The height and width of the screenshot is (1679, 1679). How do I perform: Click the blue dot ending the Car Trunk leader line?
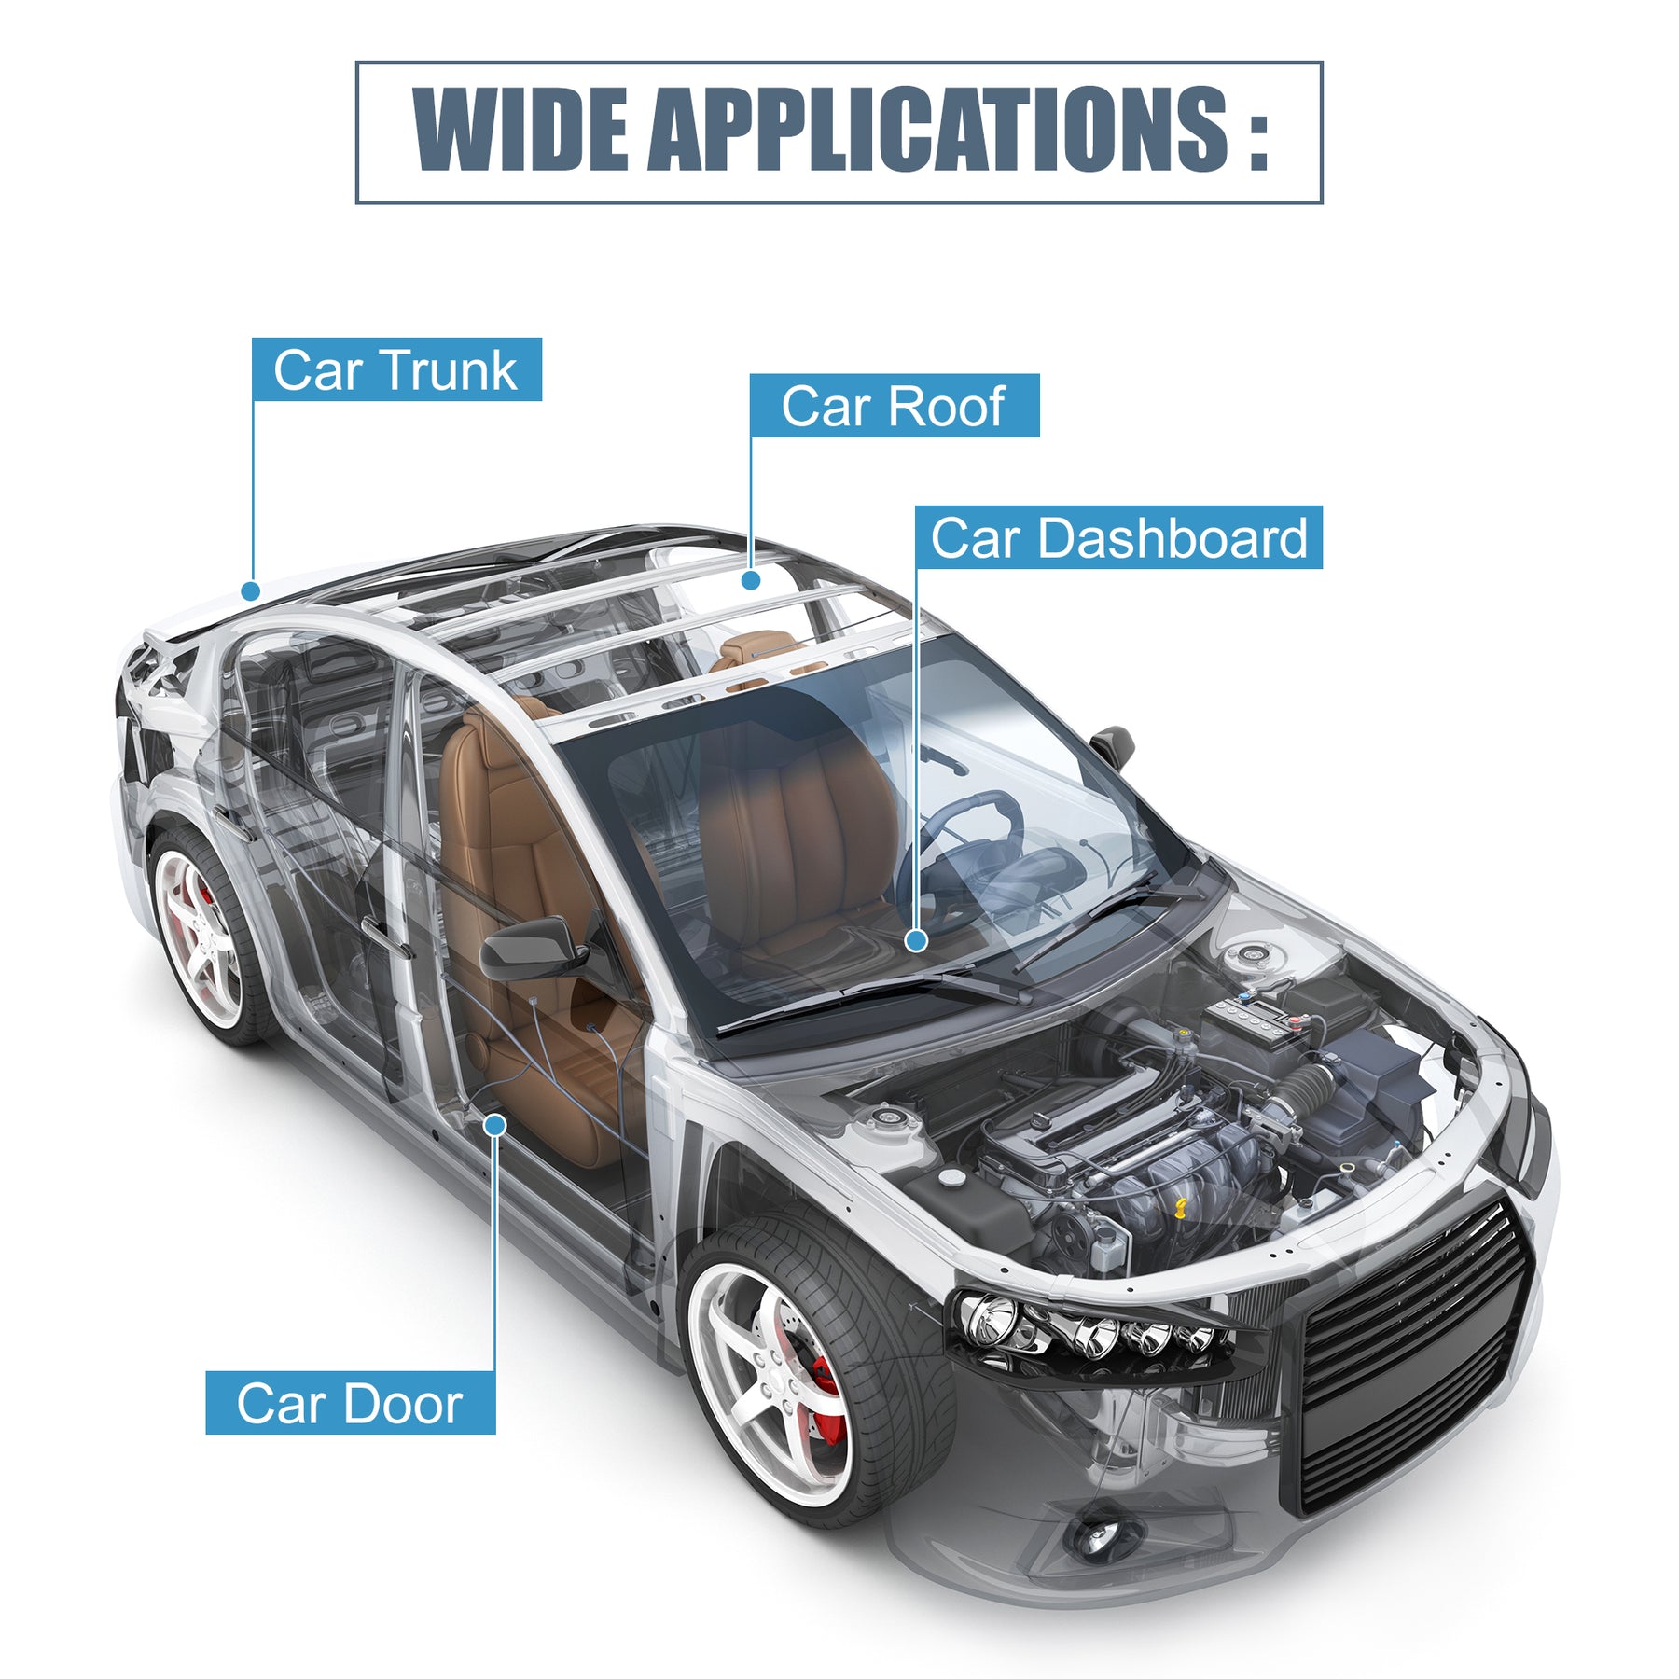point(250,590)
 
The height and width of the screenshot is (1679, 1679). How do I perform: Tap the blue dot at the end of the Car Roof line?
point(751,580)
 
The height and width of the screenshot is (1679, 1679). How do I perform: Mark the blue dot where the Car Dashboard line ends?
point(916,941)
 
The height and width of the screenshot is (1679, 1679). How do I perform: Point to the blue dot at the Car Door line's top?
point(495,1125)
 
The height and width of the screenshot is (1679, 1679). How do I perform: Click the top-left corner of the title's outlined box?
point(356,62)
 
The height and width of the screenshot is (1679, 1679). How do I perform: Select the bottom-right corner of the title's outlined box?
point(1323,203)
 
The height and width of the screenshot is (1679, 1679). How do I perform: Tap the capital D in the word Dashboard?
point(1058,539)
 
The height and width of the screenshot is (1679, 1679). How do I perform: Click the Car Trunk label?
point(396,369)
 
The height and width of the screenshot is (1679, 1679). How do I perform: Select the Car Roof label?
point(895,405)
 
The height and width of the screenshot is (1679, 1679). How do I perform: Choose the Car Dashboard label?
point(1118,537)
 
